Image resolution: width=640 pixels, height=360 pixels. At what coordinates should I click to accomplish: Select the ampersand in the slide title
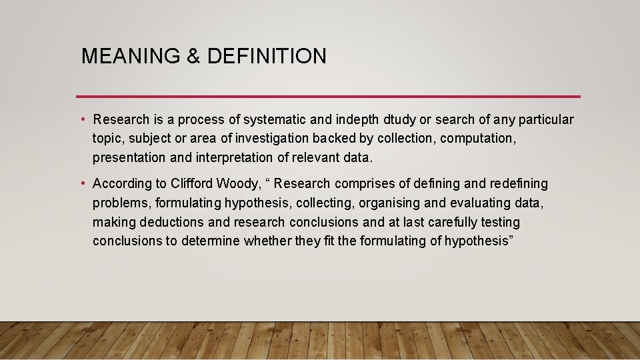click(x=194, y=56)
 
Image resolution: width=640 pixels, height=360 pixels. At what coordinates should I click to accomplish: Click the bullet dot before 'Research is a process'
click(x=83, y=120)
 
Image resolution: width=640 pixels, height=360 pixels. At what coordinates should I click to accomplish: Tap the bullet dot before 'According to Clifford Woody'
click(x=83, y=183)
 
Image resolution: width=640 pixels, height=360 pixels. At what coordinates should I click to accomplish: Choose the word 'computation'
click(x=479, y=139)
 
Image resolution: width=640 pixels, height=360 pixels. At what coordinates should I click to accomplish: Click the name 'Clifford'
click(x=193, y=183)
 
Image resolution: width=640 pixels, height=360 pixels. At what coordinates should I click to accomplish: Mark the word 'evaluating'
click(x=476, y=203)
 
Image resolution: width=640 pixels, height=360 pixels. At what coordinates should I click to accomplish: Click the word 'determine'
click(x=212, y=241)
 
